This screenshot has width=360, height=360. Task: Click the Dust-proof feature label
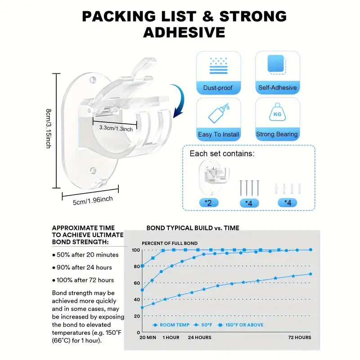[218, 88]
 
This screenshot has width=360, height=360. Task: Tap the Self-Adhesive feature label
[277, 87]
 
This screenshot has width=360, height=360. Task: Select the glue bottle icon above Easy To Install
[218, 113]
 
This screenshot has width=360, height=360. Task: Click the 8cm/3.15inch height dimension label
[49, 129]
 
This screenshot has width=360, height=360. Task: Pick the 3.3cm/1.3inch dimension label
[116, 128]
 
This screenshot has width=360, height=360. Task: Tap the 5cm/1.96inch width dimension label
[93, 200]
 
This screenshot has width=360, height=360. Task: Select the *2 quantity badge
[208, 203]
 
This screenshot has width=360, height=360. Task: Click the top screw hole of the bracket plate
[92, 80]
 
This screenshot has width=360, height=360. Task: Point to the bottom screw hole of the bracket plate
[93, 171]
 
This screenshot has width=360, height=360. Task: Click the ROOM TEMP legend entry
[171, 325]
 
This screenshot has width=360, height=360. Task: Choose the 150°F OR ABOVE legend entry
[240, 325]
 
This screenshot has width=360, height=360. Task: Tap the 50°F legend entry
[203, 325]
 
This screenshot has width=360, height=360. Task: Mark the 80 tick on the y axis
[137, 266]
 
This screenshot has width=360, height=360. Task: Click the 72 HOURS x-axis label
[300, 337]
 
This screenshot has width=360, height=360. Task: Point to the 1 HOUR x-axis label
[171, 337]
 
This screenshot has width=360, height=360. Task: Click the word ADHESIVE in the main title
[184, 32]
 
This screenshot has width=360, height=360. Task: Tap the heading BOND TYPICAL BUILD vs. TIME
[193, 228]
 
